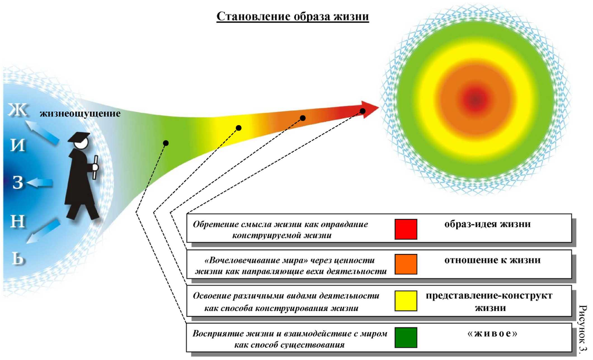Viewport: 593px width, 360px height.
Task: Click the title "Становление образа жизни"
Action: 292,16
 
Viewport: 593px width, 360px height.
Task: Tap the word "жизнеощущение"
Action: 80,114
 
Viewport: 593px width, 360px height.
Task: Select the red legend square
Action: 405,229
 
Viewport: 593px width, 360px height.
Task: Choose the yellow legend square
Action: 405,301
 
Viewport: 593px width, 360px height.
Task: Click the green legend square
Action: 405,337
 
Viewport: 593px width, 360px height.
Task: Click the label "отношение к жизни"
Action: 488,260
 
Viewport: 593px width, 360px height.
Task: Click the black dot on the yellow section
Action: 238,128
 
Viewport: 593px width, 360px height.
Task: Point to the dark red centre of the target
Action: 476,100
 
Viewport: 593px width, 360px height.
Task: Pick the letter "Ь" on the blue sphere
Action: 19,256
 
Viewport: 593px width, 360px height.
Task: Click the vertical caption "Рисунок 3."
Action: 584,330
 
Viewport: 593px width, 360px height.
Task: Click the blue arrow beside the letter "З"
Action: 40,183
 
